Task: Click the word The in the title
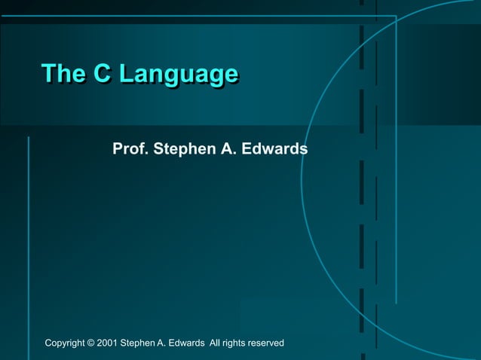click(x=63, y=74)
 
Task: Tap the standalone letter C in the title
click(x=103, y=74)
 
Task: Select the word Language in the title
click(x=179, y=75)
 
